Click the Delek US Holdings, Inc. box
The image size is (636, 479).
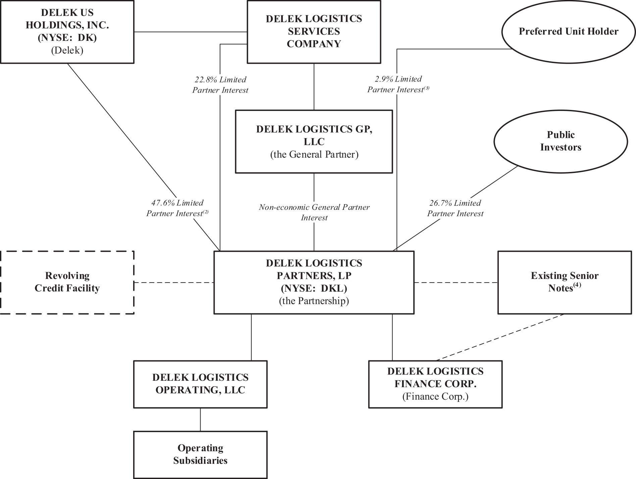click(x=67, y=32)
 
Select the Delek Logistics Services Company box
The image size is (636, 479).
click(x=314, y=32)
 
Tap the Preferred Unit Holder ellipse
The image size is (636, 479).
click(x=568, y=32)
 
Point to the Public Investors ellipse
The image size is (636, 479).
click(x=561, y=141)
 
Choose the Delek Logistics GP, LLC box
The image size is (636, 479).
click(x=314, y=141)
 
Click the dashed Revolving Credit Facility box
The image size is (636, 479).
click(x=67, y=282)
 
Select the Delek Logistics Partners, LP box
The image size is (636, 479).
click(x=314, y=282)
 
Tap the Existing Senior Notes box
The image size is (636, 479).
click(x=565, y=282)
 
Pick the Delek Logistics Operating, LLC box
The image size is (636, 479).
click(x=200, y=384)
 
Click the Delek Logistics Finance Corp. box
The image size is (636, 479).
click(x=435, y=384)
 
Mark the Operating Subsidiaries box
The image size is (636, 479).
click(x=200, y=454)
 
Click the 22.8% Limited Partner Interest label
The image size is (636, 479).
click(x=220, y=85)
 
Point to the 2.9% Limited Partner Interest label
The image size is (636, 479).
click(x=398, y=84)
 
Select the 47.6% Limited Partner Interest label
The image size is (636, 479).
click(x=177, y=208)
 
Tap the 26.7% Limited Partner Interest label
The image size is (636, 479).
click(x=455, y=208)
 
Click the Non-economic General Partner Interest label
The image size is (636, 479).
click(x=314, y=212)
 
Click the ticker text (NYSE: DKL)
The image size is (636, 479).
click(x=314, y=288)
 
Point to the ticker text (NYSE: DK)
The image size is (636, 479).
click(x=67, y=38)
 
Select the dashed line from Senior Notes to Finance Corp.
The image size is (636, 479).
click(x=500, y=337)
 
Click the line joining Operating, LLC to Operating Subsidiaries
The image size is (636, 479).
click(x=200, y=419)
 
